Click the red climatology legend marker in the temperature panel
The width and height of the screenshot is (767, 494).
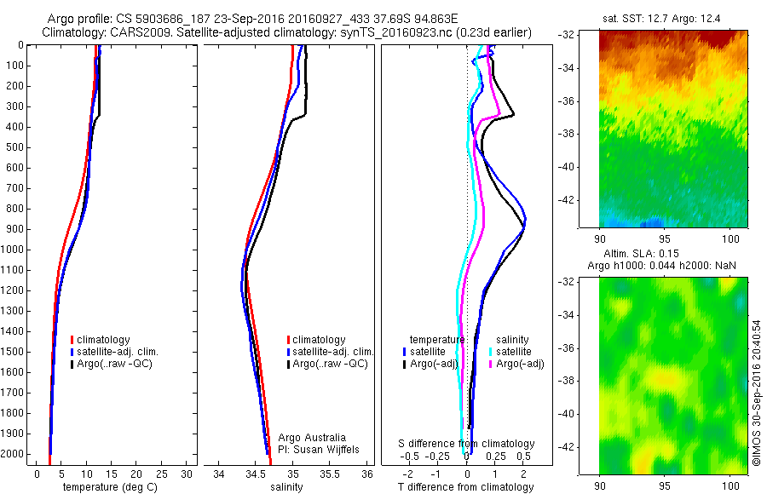(72, 340)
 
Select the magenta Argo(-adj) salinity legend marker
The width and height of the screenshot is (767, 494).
(491, 364)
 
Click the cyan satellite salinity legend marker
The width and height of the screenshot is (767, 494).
(491, 351)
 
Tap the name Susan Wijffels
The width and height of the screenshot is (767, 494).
(326, 449)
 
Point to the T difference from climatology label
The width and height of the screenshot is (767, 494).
(466, 487)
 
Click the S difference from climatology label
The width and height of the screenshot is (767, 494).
(466, 444)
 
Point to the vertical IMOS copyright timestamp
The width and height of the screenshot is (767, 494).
(756, 393)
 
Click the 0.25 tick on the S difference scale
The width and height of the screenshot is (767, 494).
(493, 457)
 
